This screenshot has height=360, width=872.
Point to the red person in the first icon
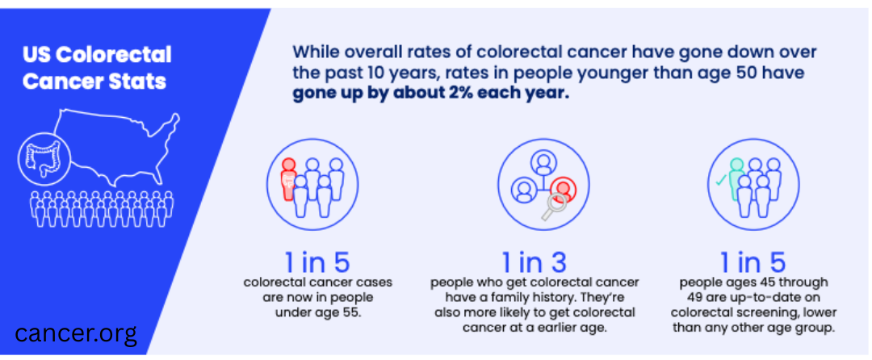tap(288, 178)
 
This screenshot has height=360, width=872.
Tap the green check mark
tap(719, 182)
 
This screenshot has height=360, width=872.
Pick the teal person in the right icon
tap(736, 178)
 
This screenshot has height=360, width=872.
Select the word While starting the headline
tap(314, 52)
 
